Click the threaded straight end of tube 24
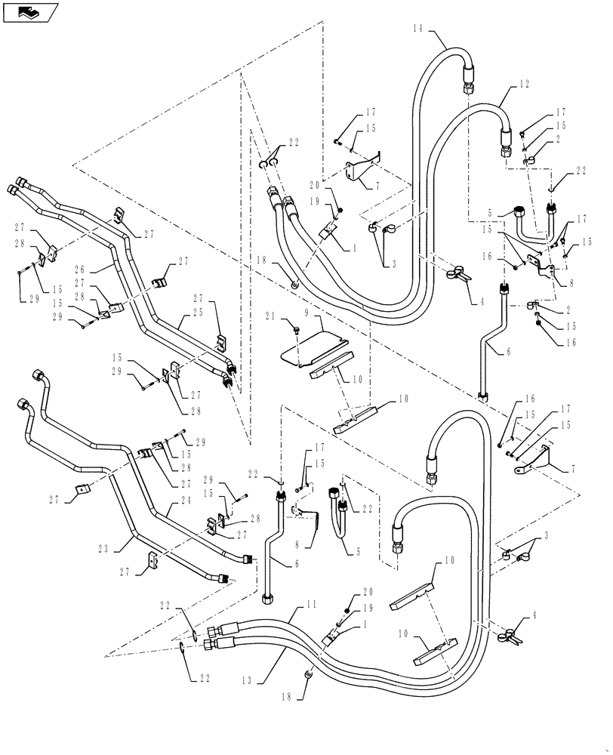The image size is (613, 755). click(247, 559)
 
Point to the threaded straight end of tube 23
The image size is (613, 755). click(222, 579)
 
